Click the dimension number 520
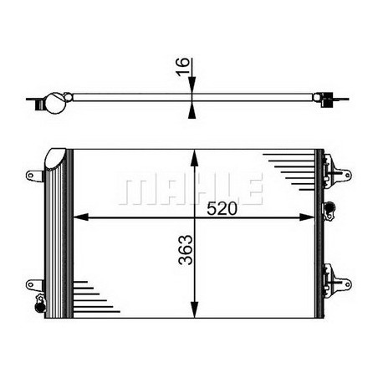222,208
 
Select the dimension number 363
186,250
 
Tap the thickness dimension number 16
182,66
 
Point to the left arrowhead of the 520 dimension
80,217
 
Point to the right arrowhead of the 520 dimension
307,217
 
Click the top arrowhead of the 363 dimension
195,157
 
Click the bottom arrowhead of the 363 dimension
195,309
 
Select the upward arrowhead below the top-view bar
192,112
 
